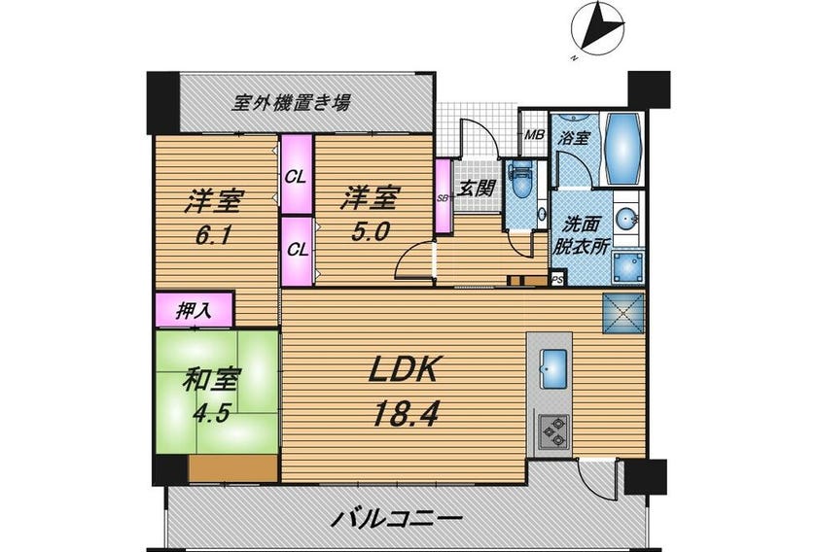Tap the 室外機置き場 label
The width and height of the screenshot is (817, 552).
pos(291,102)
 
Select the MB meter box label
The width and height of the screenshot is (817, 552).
pos(534,135)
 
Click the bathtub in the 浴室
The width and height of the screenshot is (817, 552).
pos(623,149)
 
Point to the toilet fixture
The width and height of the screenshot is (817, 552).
pos(521,182)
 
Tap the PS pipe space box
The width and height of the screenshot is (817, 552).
pos(557,280)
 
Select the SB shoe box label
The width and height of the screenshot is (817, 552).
pos(443,198)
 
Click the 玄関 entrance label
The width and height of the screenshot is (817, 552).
pos(476,188)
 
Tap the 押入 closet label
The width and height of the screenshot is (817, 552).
pos(194,311)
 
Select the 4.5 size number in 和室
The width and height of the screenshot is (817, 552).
pos(211,414)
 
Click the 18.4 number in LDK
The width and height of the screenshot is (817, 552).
pos(405,415)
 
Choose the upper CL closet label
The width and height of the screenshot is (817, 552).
pos(295,177)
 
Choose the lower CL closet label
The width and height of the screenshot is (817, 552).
pos(298,250)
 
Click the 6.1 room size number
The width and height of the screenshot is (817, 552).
pos(213,237)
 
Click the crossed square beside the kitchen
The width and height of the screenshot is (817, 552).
pos(623,313)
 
